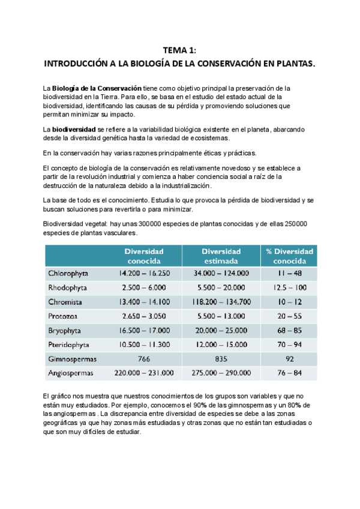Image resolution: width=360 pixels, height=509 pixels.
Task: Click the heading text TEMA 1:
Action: point(179,52)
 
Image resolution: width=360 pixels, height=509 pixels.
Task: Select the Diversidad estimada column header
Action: point(221,256)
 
